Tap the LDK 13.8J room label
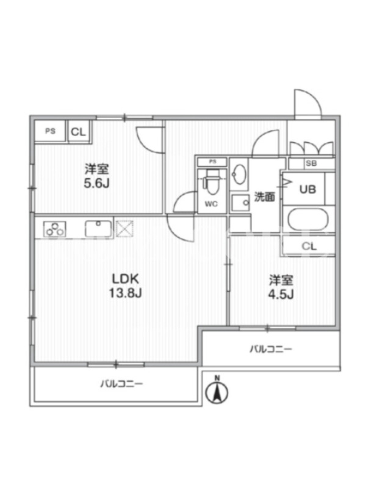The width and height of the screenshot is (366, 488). [125, 285]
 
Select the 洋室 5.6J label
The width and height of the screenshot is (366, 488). [97, 176]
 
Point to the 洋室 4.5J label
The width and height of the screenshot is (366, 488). [281, 287]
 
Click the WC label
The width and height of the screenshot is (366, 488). [211, 204]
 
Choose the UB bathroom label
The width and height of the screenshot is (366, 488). [307, 189]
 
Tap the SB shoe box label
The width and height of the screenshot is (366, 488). [310, 163]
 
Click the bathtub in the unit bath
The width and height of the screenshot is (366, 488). [308, 219]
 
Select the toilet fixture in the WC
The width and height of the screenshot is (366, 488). [211, 182]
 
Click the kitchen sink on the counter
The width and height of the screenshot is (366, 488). [98, 229]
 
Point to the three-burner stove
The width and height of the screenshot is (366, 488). [55, 229]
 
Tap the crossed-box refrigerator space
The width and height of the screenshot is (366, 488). [125, 229]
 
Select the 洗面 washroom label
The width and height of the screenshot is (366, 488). [264, 196]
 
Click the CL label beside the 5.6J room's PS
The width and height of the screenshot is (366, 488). [78, 132]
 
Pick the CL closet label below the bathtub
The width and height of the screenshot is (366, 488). [309, 246]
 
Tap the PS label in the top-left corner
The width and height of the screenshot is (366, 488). [51, 131]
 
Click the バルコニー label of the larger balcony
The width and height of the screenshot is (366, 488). [121, 384]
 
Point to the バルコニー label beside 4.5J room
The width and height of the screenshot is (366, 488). [271, 349]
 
